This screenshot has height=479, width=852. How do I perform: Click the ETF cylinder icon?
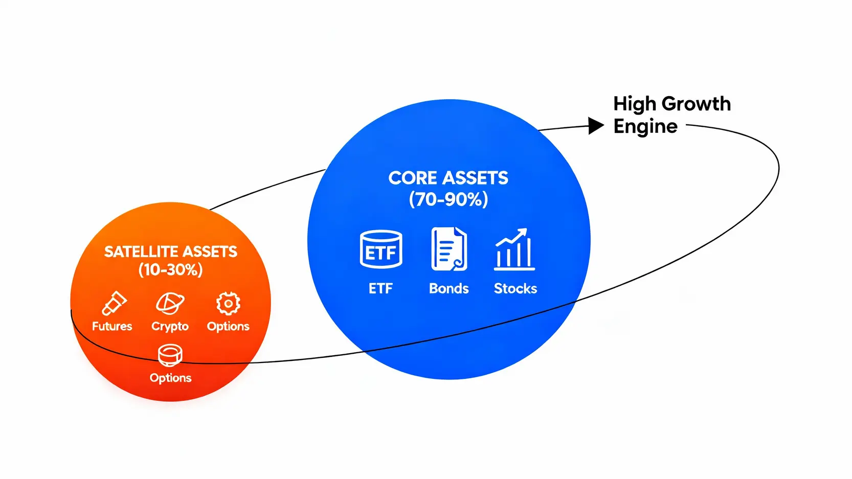[381, 249]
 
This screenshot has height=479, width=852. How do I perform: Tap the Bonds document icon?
[449, 249]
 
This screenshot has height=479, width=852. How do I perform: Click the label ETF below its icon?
[380, 288]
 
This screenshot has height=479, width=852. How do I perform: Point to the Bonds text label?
[449, 288]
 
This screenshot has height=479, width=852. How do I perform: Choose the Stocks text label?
[515, 288]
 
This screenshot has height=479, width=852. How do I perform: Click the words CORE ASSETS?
[448, 178]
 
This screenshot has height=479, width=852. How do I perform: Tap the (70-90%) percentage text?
[448, 199]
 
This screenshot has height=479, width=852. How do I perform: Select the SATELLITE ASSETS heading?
[170, 252]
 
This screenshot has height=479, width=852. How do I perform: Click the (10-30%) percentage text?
[170, 269]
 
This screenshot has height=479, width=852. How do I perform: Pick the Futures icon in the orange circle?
[114, 303]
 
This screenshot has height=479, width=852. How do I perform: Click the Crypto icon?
[170, 304]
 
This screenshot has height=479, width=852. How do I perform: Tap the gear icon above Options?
[228, 304]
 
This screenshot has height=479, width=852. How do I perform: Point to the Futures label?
[112, 326]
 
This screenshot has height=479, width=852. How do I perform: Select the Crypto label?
[170, 326]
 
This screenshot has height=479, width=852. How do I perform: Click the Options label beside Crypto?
[228, 326]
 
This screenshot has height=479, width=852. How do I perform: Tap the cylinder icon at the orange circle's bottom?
[170, 355]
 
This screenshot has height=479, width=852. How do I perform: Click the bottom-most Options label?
[170, 378]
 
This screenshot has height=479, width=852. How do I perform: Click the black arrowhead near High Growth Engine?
[596, 125]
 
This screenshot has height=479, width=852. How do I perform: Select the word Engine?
[645, 126]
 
